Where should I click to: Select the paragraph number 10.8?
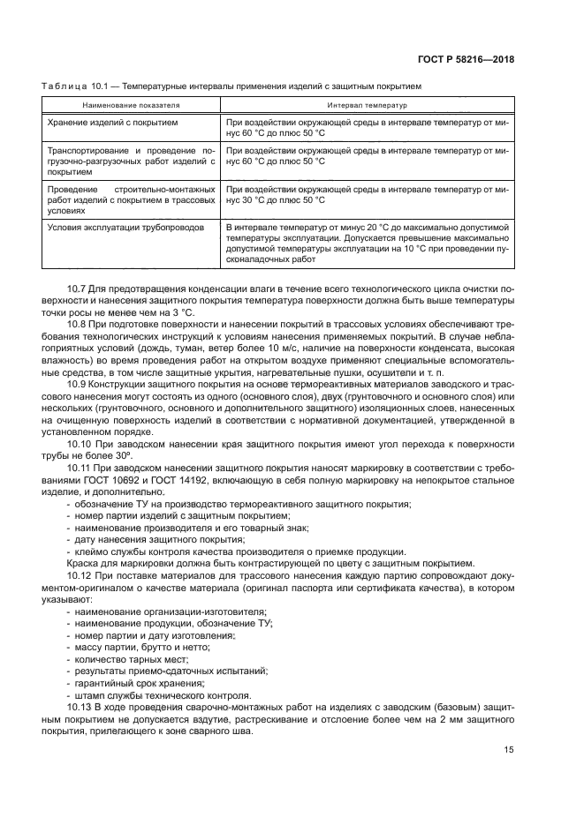click(79, 326)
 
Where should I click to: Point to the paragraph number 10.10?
click(81, 445)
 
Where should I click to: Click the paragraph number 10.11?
click(81, 469)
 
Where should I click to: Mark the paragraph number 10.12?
click(81, 575)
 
